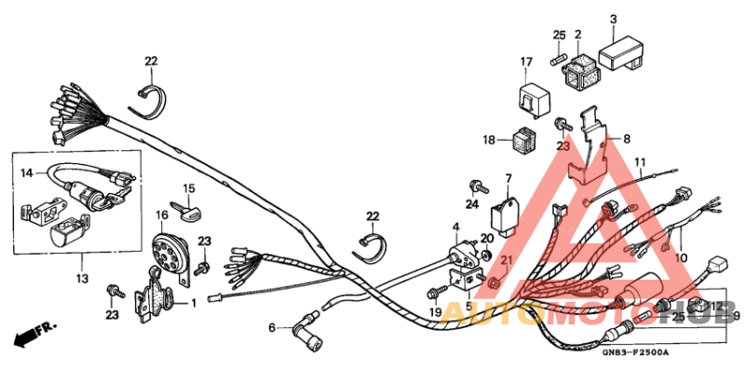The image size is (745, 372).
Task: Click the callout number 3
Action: pyautogui.click(x=614, y=19)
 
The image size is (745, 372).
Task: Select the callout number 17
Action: pyautogui.click(x=526, y=62)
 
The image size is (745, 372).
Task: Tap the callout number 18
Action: pyautogui.click(x=489, y=139)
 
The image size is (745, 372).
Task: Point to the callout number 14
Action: pyautogui.click(x=27, y=172)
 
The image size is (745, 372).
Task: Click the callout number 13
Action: pyautogui.click(x=81, y=278)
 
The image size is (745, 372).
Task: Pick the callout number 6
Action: pyautogui.click(x=272, y=327)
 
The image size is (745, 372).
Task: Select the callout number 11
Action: pyautogui.click(x=640, y=163)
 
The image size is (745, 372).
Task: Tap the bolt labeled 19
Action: pyautogui.click(x=438, y=292)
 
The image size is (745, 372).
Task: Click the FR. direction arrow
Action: pyautogui.click(x=33, y=333)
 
